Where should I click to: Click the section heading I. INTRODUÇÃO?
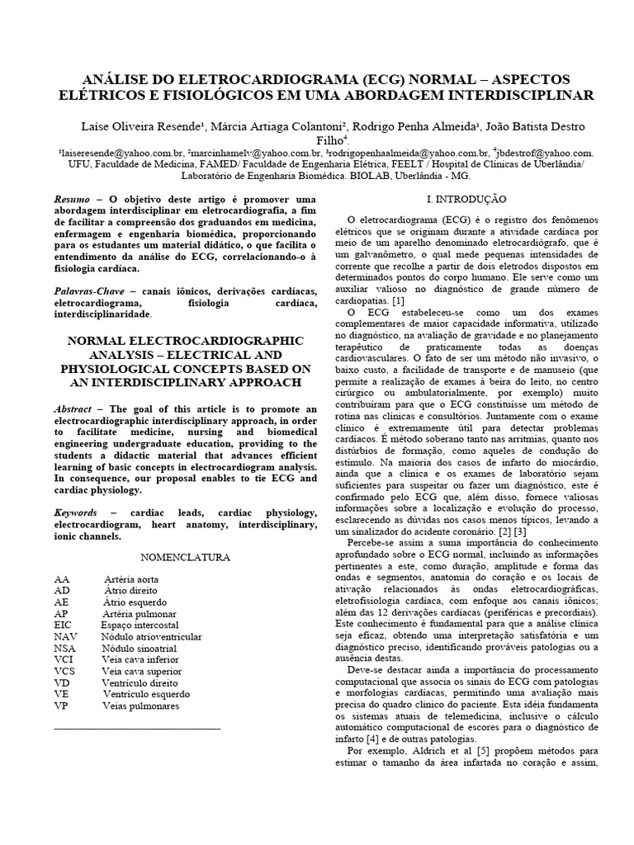[466, 200]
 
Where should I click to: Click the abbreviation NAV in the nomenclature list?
[66, 637]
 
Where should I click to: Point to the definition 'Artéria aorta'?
[131, 579]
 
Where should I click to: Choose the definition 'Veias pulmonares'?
[140, 706]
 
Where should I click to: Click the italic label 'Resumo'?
[71, 200]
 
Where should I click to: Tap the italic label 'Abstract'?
[73, 409]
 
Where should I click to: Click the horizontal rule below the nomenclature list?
[136, 729]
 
